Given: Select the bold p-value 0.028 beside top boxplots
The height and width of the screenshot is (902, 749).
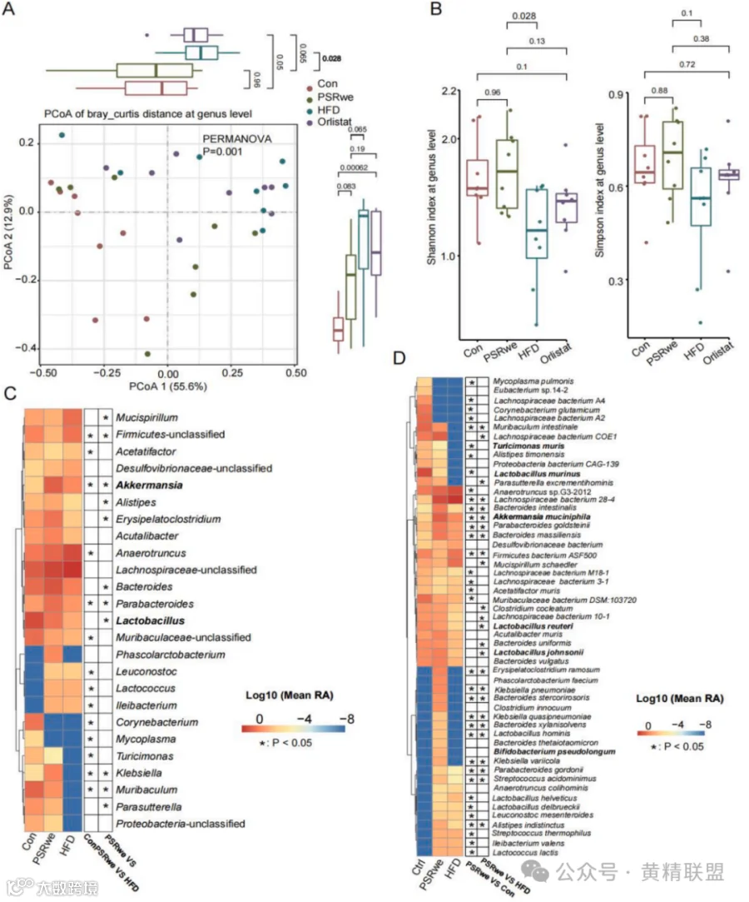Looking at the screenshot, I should (x=331, y=58).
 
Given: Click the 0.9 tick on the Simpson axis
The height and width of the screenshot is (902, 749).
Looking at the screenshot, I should (x=618, y=93).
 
